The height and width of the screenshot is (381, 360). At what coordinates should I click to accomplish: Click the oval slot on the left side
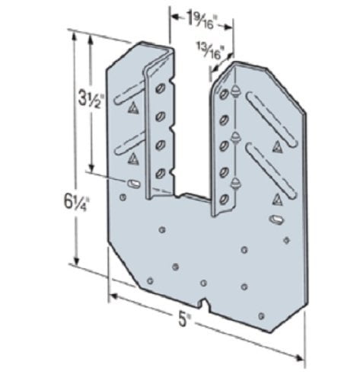pos(133,184)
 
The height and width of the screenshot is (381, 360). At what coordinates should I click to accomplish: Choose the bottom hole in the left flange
pos(161,173)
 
